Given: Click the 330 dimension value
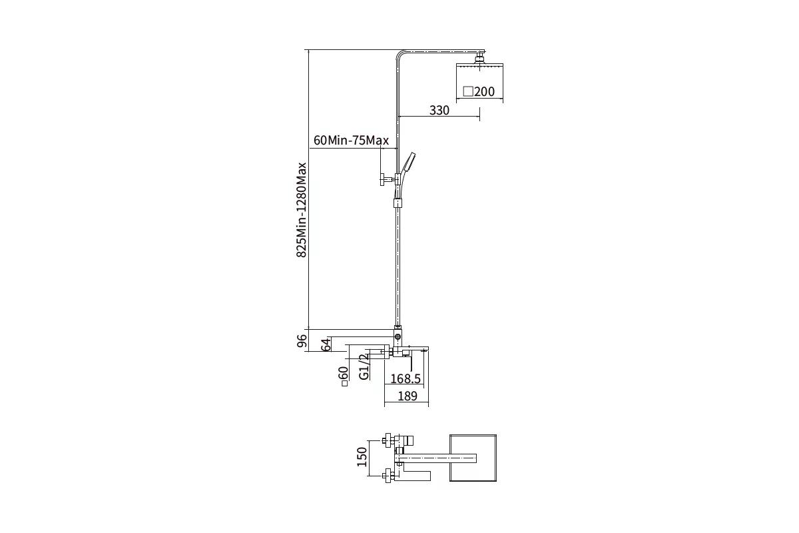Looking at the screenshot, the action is click(x=439, y=111).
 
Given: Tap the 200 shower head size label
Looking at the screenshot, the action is click(x=485, y=92).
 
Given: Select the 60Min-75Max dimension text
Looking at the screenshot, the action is click(x=351, y=141).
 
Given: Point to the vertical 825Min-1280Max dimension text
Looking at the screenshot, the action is click(x=302, y=210).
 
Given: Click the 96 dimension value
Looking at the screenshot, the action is click(x=302, y=340).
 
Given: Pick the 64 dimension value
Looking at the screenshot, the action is click(x=326, y=345).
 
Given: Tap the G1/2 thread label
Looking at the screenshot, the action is click(x=364, y=366).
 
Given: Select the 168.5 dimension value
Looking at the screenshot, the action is click(x=405, y=378).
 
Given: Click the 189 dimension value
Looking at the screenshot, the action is click(x=407, y=396).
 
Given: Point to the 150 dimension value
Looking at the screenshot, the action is click(x=362, y=456).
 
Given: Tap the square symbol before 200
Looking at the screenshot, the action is click(x=468, y=91).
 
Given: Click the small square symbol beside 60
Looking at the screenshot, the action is click(x=345, y=384).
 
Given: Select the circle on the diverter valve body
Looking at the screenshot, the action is click(x=398, y=336).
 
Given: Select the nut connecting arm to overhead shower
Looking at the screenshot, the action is click(x=480, y=58).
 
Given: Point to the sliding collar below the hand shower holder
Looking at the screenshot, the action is click(x=398, y=203).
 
